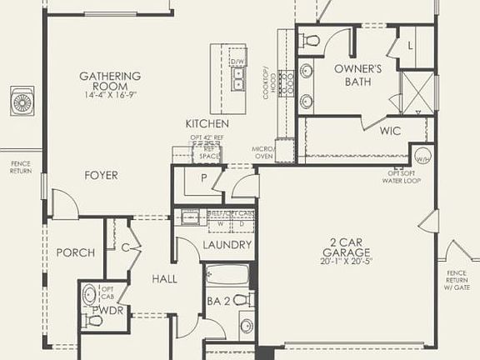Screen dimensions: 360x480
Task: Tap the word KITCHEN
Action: click(x=207, y=123)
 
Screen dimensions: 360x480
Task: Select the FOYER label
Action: click(x=100, y=175)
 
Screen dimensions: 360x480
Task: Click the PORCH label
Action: click(x=75, y=252)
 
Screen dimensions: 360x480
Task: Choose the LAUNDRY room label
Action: click(x=227, y=245)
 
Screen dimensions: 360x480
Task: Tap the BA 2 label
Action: click(x=218, y=300)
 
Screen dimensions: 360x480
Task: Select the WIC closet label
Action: click(x=391, y=131)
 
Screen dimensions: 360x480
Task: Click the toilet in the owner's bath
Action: click(x=312, y=39)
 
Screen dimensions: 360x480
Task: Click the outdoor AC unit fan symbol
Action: click(x=21, y=102)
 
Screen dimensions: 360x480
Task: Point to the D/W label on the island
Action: click(x=237, y=62)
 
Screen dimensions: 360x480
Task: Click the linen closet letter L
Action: click(x=410, y=46)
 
